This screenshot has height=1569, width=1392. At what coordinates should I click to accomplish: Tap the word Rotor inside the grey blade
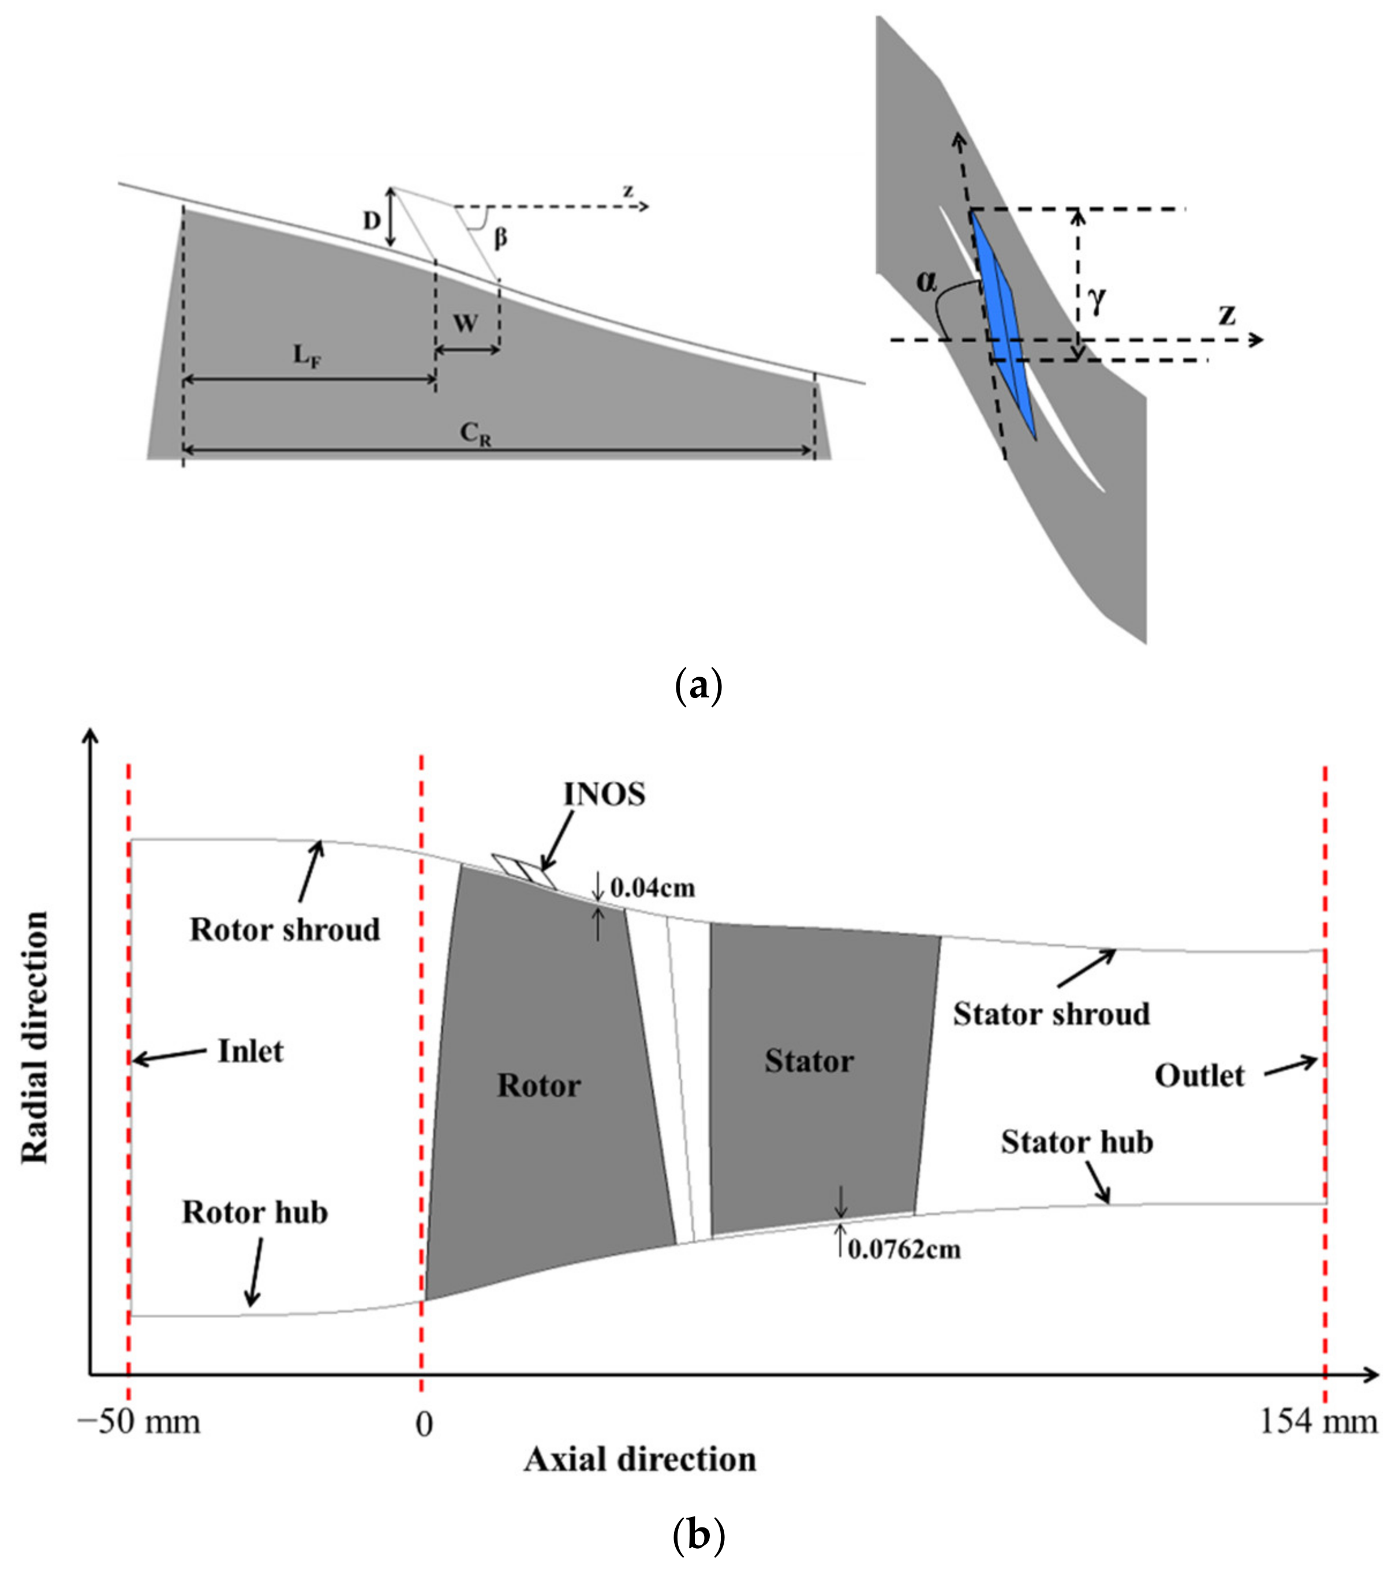539,1086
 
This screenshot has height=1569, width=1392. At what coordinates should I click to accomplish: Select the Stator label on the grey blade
809,1061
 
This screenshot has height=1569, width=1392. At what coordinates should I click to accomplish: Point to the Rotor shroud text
285,930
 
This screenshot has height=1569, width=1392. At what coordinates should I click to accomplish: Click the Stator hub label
1076,1143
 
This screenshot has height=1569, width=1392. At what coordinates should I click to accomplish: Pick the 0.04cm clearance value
652,888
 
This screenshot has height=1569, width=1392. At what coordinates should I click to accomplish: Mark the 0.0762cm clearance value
904,1249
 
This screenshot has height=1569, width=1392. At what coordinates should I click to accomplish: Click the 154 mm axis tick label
1318,1422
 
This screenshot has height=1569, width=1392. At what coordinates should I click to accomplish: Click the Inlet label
250,1052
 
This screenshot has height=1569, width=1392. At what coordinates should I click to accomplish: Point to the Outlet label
1199,1076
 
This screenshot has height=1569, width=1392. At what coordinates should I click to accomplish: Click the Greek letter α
927,283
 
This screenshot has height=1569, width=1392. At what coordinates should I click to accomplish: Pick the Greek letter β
500,238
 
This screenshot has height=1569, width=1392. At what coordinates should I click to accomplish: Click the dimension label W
465,324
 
